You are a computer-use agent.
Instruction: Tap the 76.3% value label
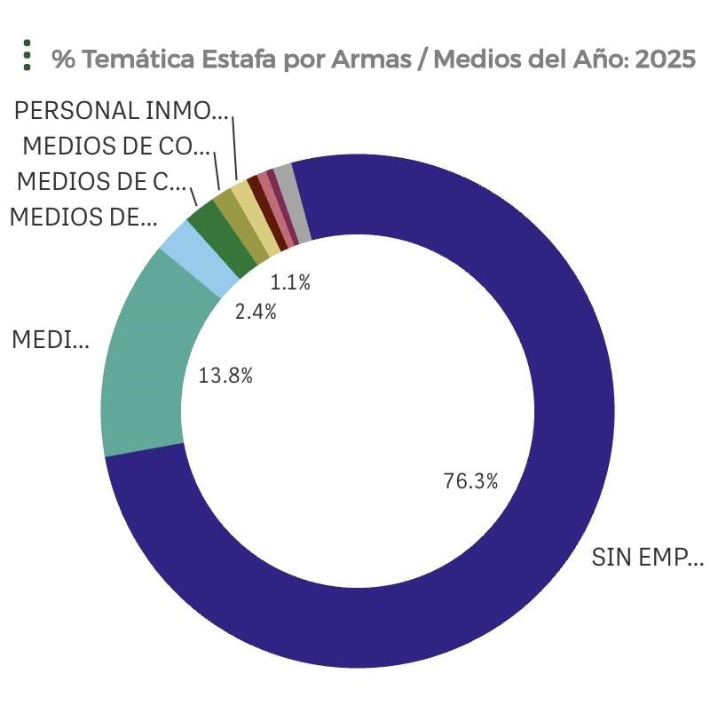[470, 481]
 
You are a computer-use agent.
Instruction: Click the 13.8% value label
[225, 376]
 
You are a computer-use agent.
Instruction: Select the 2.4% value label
[256, 312]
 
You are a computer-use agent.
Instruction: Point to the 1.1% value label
[290, 283]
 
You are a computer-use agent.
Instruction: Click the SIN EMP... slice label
[647, 558]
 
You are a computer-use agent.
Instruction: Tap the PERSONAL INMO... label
[122, 110]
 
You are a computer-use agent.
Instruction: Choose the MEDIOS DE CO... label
[116, 146]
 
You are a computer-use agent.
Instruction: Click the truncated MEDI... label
[50, 339]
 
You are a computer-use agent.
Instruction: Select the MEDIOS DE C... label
[103, 181]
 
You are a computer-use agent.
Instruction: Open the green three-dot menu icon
[28, 55]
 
